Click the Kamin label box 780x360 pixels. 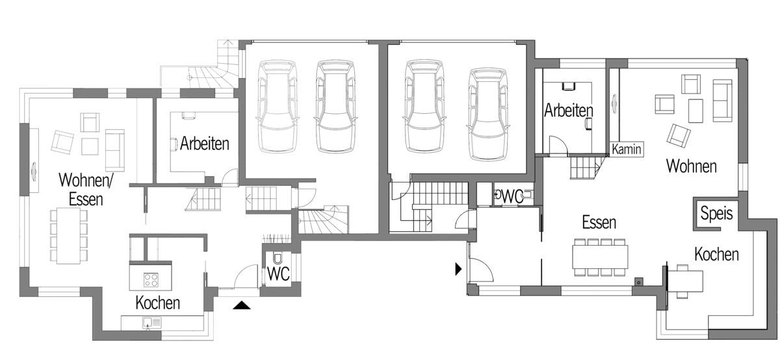tap(627, 149)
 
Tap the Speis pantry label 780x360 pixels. tap(716, 212)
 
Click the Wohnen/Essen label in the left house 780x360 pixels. tap(86, 190)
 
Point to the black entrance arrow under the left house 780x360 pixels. tap(242, 305)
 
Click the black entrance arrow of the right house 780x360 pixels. tap(459, 269)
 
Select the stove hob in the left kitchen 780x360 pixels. tap(151, 280)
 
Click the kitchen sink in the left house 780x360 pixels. tap(152, 323)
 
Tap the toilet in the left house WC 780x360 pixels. tap(278, 258)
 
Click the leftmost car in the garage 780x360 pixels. tap(278, 106)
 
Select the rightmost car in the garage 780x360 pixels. tap(487, 114)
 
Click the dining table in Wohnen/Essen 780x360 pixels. tap(69, 235)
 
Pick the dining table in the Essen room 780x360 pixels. tap(601, 257)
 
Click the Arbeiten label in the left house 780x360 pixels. tap(205, 144)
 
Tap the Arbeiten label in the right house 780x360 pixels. tap(569, 110)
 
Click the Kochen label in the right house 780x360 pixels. tap(716, 255)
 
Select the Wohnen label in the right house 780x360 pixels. tap(692, 166)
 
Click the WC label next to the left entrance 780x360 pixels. tap(278, 274)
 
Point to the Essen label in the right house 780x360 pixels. tap(599, 222)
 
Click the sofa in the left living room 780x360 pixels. tap(114, 150)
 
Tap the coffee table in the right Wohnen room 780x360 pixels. tap(695, 110)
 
